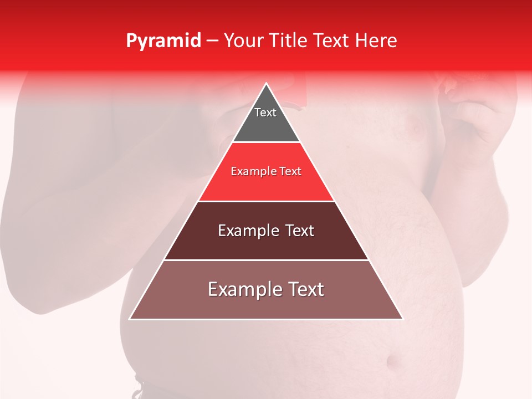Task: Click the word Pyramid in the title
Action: (x=163, y=41)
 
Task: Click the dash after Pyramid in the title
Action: (x=212, y=41)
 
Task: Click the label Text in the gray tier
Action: (x=265, y=112)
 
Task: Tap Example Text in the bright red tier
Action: (x=266, y=171)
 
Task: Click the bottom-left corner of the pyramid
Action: (x=130, y=319)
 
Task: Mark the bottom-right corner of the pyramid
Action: (x=402, y=319)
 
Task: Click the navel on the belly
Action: (x=395, y=363)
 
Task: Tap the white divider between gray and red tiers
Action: (x=266, y=142)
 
